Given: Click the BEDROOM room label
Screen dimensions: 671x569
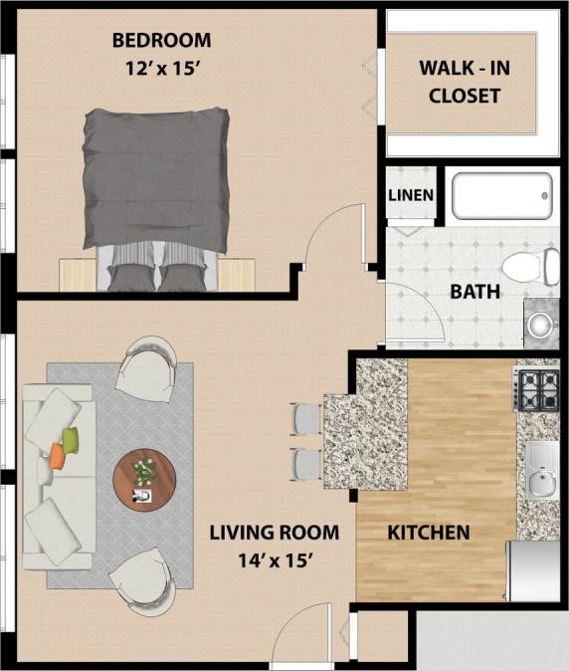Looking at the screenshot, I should point(161,41).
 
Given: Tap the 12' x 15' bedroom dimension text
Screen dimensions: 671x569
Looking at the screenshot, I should point(161,70).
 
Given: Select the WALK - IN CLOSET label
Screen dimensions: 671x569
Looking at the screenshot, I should point(459,83).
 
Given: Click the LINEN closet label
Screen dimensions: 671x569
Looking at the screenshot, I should point(411,195).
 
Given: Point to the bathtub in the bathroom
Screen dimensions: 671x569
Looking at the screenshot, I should point(501,196).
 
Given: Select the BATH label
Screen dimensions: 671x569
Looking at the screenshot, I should point(475,293).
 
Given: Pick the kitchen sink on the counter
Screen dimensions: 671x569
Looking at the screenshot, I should point(540,471).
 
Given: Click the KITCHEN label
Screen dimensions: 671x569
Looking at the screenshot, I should point(428,533).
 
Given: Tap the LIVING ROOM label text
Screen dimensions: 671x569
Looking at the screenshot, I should point(274,532).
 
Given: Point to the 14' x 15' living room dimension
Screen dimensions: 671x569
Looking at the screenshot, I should point(274,559).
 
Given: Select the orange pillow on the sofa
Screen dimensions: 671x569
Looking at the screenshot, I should point(58,455).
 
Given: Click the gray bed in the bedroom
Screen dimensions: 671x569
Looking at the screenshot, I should point(156,189).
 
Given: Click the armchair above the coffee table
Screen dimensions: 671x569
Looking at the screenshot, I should point(146,367).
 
